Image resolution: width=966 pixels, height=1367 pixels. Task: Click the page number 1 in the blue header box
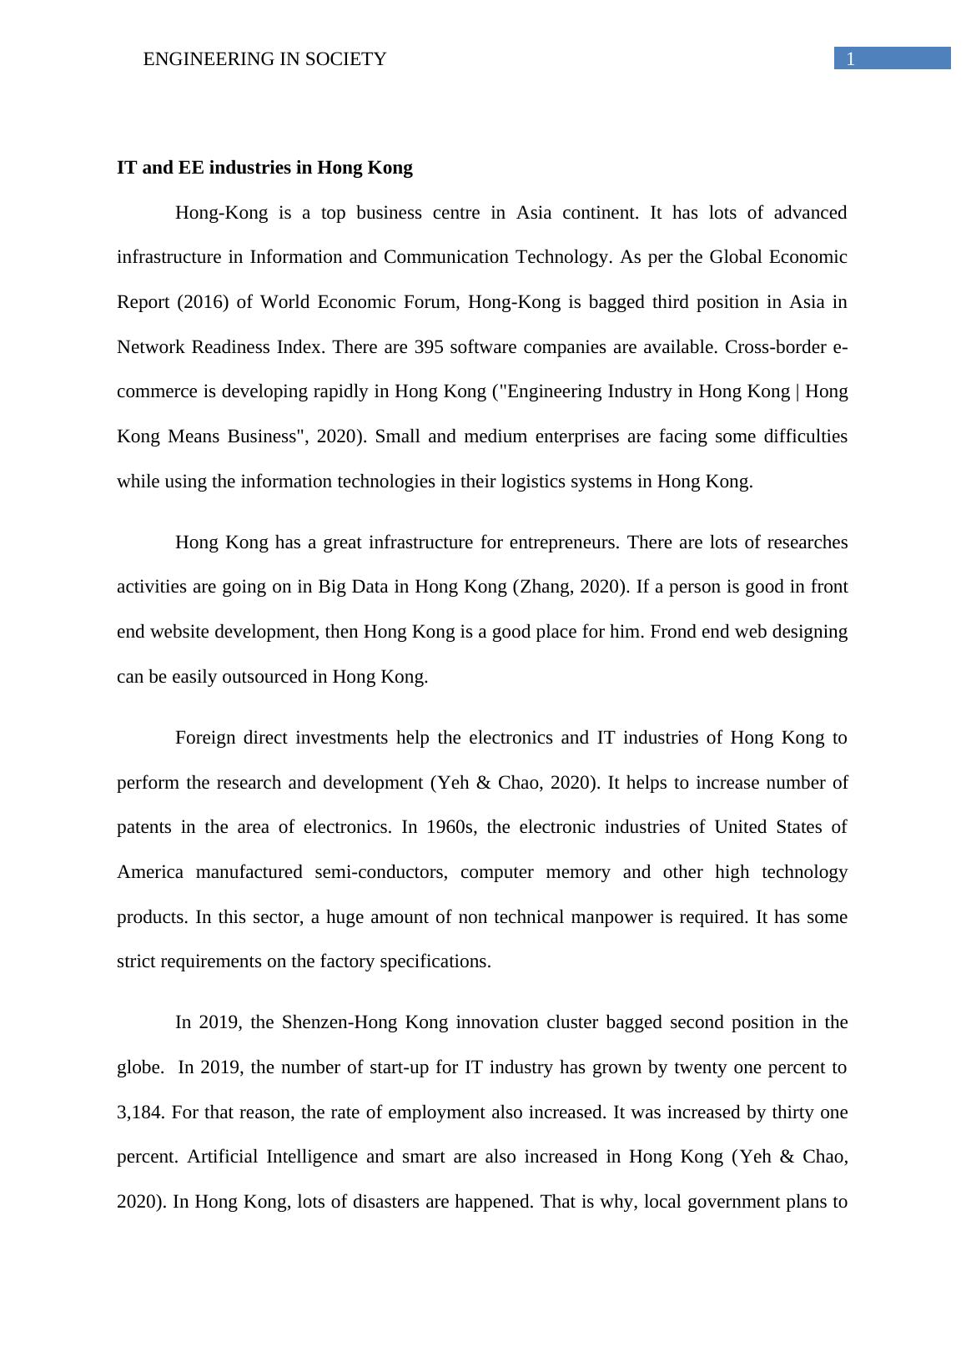tap(851, 58)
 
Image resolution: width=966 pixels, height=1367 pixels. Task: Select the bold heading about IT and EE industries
tap(264, 168)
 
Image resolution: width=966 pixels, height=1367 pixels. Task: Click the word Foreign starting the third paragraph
tap(206, 738)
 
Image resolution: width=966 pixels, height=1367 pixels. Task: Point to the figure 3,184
tap(141, 1112)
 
